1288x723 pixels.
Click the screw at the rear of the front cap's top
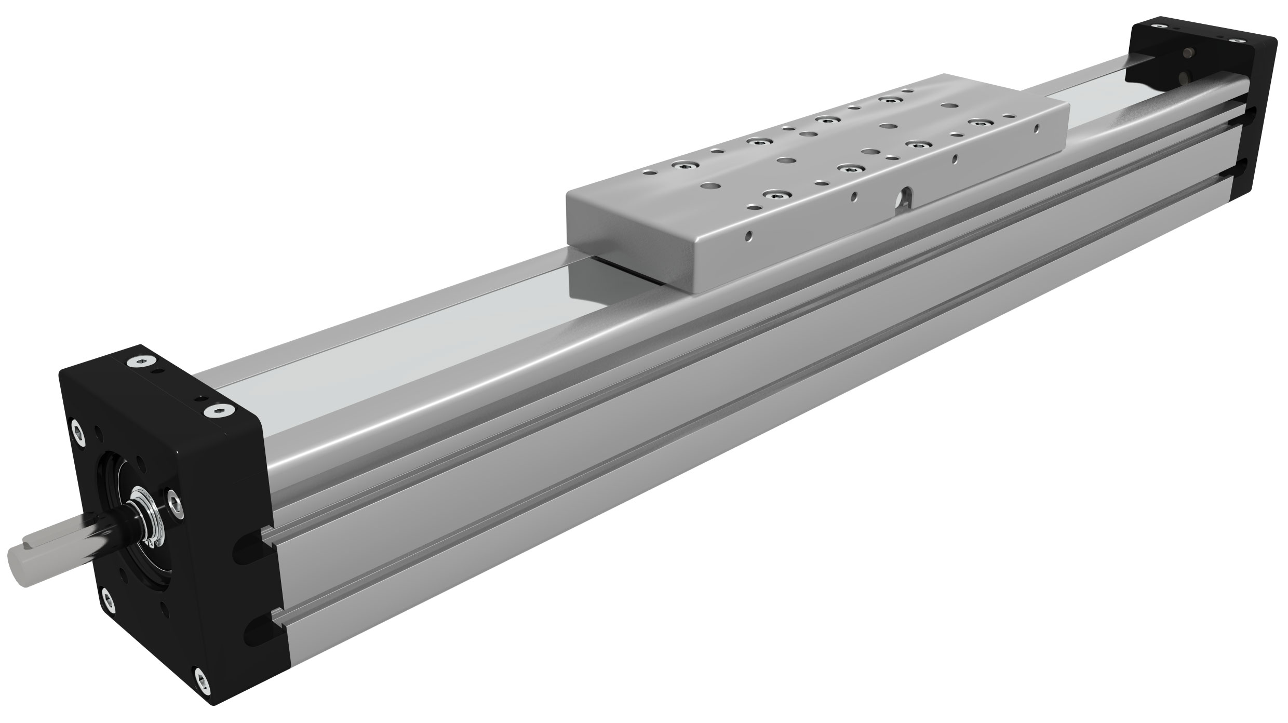click(138, 363)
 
